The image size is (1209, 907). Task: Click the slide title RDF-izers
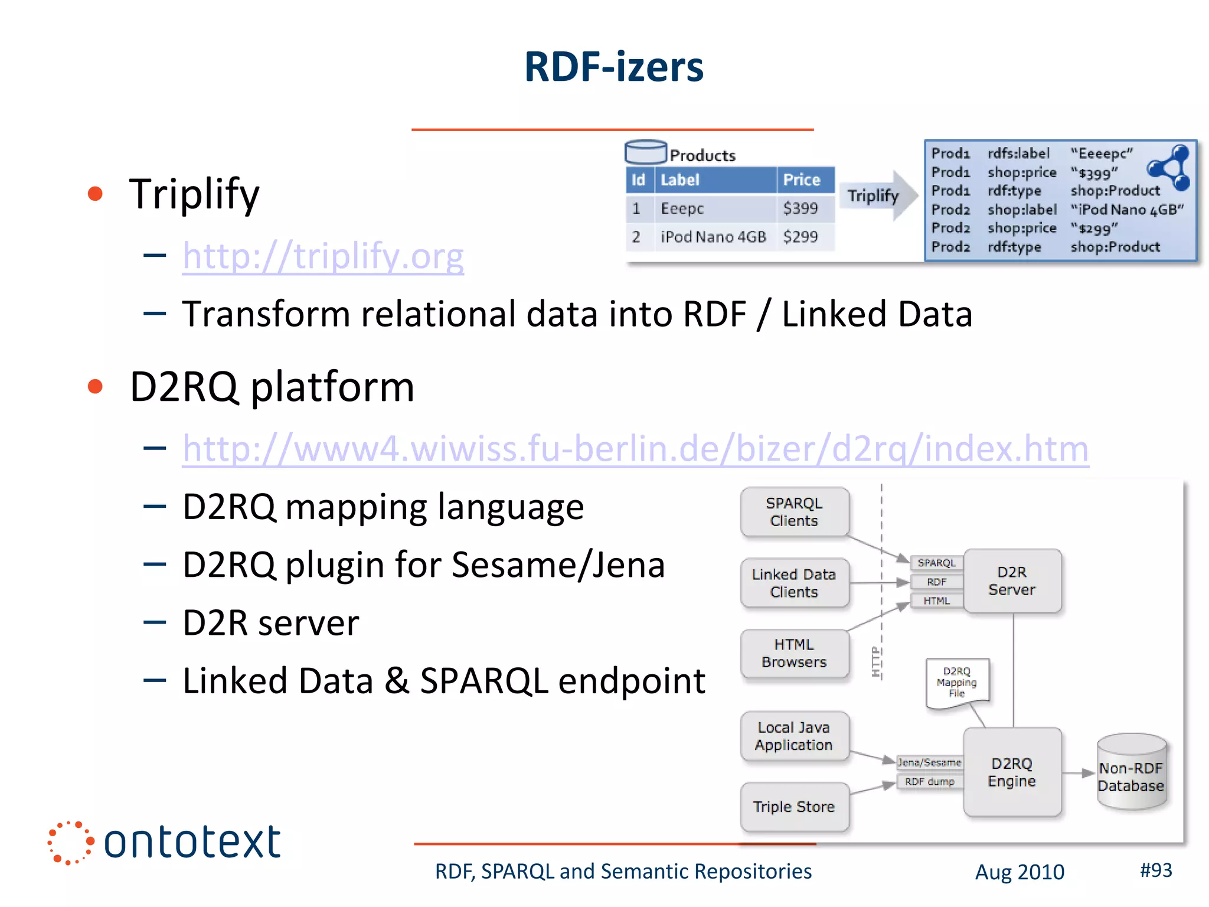[613, 66]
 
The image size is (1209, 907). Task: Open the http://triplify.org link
[323, 256]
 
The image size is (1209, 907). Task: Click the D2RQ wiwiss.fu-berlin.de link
[635, 448]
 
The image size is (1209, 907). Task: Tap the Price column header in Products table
[802, 180]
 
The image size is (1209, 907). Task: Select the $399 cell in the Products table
[800, 208]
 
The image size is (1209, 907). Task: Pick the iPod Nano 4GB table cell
[713, 237]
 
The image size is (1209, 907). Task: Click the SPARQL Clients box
[794, 512]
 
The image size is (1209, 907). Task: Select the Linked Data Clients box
[794, 583]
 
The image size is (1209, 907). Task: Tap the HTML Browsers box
[794, 653]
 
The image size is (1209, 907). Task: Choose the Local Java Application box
[794, 736]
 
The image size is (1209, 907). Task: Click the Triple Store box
[794, 807]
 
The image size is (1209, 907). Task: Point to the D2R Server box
[1012, 581]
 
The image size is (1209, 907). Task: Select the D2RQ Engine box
[1012, 772]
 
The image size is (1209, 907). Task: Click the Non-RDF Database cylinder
[1131, 772]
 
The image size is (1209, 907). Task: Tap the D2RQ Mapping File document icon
[957, 682]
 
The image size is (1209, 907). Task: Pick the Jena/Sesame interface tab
[929, 762]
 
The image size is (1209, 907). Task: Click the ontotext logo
[165, 842]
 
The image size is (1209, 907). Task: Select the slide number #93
[1156, 870]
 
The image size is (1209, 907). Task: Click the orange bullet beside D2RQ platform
[95, 387]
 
